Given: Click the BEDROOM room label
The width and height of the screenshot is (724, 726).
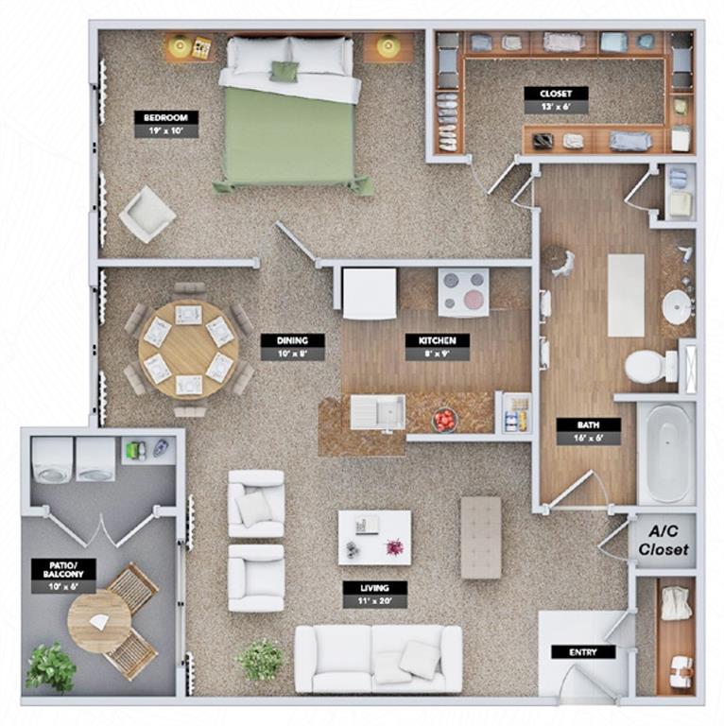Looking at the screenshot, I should point(166,124).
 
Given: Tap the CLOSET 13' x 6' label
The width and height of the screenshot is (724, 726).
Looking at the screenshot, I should point(557,100).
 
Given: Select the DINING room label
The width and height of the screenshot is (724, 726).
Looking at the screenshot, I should point(292,346).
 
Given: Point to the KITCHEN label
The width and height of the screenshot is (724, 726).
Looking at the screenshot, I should point(437,347).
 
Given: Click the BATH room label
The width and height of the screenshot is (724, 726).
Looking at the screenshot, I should point(588,430).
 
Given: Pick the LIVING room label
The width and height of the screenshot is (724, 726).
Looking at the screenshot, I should point(374,594).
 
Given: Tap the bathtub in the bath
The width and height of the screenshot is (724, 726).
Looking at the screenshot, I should point(666,453).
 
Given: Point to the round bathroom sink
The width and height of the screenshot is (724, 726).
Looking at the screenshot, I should point(677,306).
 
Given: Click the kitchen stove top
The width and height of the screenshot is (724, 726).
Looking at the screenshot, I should point(463,291).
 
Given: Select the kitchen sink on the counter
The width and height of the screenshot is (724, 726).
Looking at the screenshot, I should point(378,412).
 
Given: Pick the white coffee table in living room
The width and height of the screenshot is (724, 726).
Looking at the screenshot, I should point(375,537).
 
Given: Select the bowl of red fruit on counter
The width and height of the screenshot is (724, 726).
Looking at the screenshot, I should point(443,420).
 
